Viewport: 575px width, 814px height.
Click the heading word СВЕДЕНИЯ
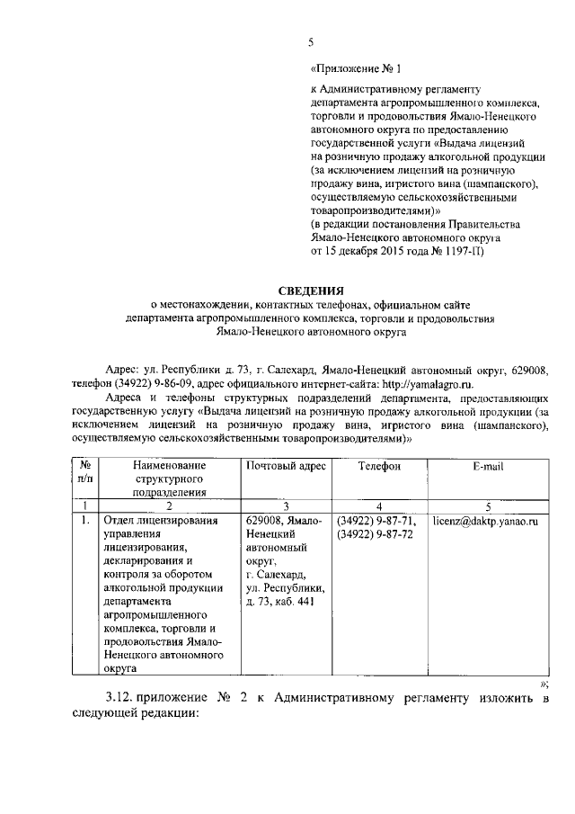(310, 291)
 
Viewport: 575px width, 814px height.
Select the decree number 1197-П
(463, 250)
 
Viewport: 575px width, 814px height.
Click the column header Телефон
(378, 466)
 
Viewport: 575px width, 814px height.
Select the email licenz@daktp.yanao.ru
(490, 521)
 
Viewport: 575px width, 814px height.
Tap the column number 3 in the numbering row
(284, 506)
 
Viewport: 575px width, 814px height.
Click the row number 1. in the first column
(83, 521)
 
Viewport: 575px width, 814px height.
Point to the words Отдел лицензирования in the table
(161, 521)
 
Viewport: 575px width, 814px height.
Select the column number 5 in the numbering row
(488, 506)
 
